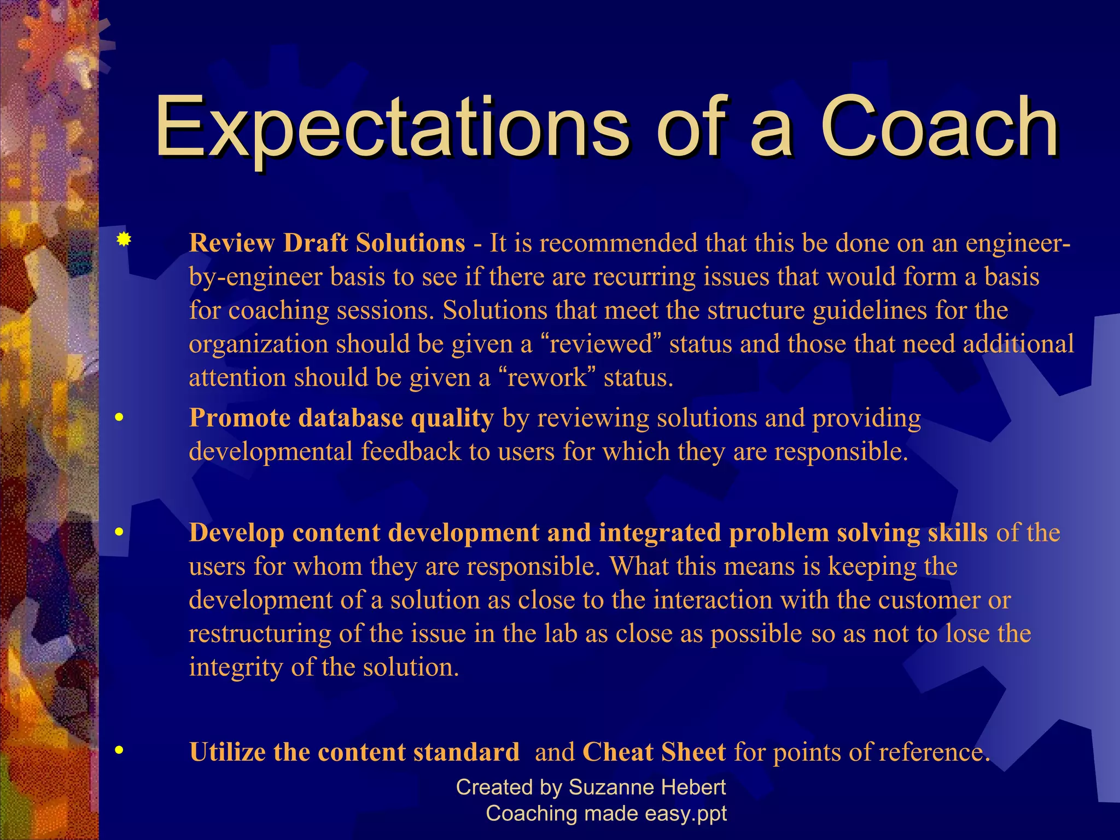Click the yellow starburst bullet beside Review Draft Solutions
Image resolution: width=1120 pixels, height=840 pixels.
tap(124, 240)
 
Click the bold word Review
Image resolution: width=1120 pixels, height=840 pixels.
tap(232, 243)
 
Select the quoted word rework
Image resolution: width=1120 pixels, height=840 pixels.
tap(546, 377)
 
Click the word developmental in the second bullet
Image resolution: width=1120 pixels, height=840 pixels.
tap(271, 452)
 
